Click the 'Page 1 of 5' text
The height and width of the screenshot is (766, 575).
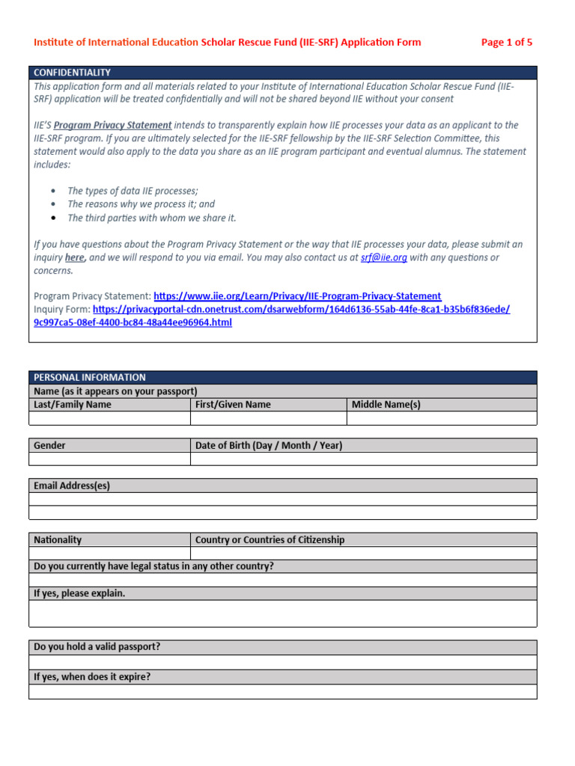click(x=506, y=42)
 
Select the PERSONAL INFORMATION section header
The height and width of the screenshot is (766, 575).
click(x=90, y=377)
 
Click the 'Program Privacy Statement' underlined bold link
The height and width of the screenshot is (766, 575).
click(x=112, y=125)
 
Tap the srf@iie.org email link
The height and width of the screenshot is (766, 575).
click(x=383, y=257)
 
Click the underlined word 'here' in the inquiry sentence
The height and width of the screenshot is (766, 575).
click(x=75, y=257)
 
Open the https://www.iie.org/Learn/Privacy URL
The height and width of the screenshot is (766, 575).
click(x=297, y=296)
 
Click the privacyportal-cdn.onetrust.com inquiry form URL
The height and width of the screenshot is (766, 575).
click(x=302, y=309)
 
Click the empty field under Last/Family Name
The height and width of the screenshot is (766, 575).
click(x=109, y=418)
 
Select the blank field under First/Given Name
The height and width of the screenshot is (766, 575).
click(x=268, y=418)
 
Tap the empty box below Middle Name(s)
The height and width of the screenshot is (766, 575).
click(x=442, y=418)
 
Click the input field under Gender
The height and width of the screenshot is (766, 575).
click(x=109, y=459)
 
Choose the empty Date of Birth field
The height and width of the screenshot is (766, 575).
click(x=363, y=459)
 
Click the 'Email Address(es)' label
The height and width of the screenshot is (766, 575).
click(x=72, y=485)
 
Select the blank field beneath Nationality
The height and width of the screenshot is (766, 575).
click(x=109, y=553)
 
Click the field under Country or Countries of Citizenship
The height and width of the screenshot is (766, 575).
click(x=363, y=553)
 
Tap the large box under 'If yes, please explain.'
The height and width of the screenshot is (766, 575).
click(x=282, y=613)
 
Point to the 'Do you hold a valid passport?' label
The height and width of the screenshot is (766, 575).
click(x=97, y=647)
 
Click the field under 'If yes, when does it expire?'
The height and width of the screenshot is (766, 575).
click(x=282, y=692)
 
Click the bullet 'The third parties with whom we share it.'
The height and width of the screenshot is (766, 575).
click(x=151, y=218)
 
